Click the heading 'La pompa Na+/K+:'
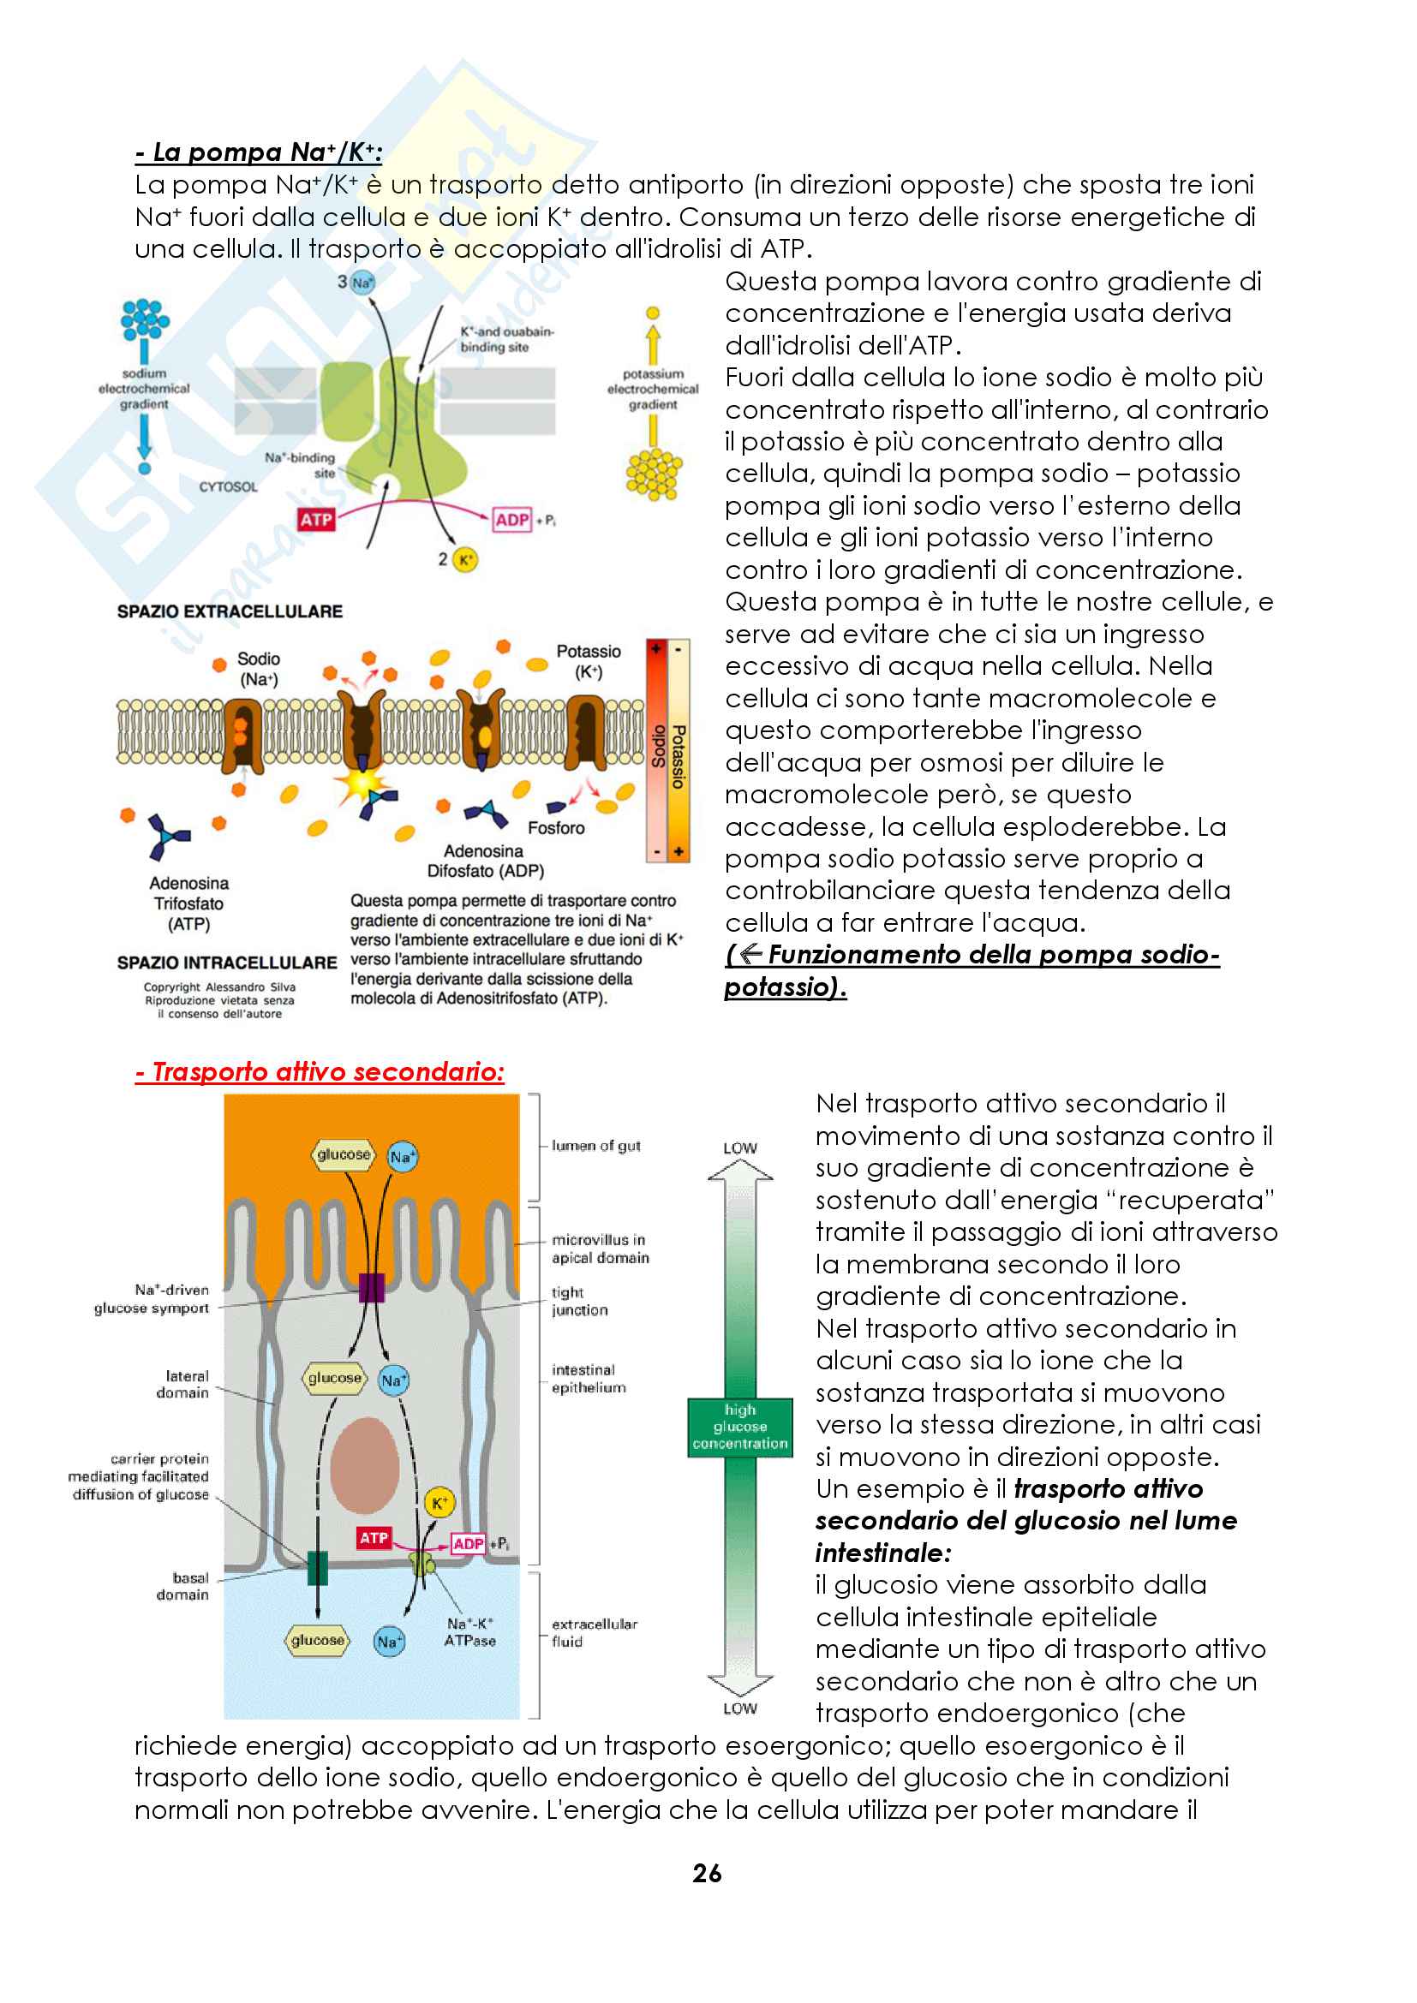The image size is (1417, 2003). [x=258, y=152]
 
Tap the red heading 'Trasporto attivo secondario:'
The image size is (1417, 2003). [x=320, y=1071]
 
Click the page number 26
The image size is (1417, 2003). [x=707, y=1873]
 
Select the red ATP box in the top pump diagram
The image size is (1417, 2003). [x=316, y=520]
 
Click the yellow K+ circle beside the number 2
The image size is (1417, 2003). [x=466, y=560]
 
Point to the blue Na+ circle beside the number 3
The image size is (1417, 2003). [x=362, y=282]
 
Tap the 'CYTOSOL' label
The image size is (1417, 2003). [x=229, y=486]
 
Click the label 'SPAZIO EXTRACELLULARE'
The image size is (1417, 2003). [x=230, y=611]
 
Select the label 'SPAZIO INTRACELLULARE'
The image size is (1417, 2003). [x=227, y=963]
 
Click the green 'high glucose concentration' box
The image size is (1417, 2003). [x=740, y=1427]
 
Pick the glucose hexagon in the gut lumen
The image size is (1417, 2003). [x=344, y=1154]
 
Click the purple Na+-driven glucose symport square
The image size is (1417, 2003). [x=372, y=1288]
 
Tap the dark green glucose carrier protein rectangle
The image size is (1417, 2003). [x=318, y=1568]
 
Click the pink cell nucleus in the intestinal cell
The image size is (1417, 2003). [x=365, y=1465]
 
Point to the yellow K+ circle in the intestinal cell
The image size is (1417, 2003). [x=439, y=1502]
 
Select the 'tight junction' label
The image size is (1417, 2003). [x=579, y=1301]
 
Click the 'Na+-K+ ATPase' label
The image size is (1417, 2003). [x=469, y=1631]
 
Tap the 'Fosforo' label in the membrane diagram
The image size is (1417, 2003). [x=556, y=827]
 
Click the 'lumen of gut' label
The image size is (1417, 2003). [x=596, y=1146]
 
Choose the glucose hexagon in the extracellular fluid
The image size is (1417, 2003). [x=318, y=1640]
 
